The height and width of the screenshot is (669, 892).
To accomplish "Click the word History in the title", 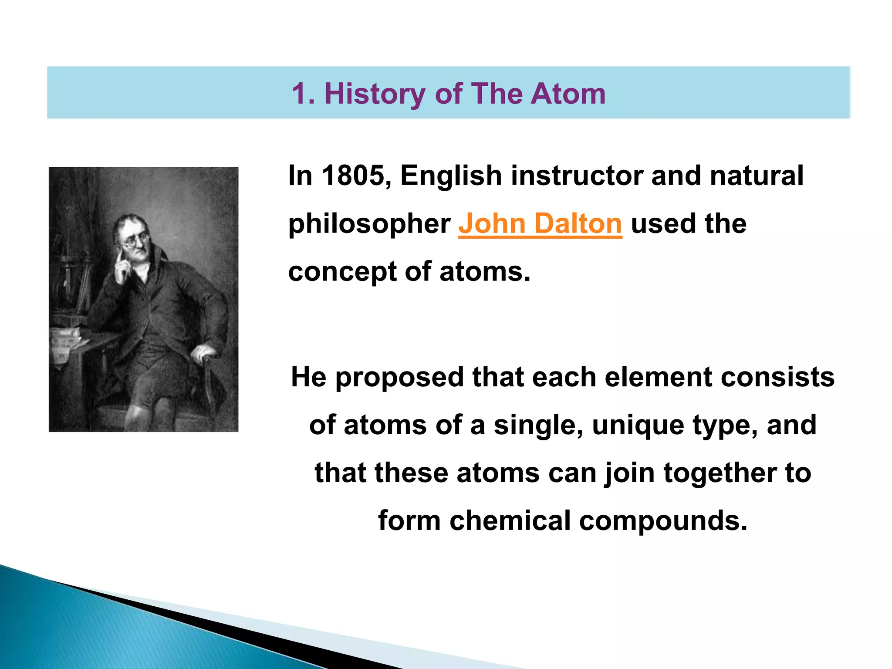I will click(x=375, y=94).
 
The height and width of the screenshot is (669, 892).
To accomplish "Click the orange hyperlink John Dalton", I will click(x=540, y=223).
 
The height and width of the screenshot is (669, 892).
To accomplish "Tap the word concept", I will click(x=342, y=272).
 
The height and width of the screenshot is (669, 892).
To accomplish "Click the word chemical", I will click(x=510, y=520).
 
